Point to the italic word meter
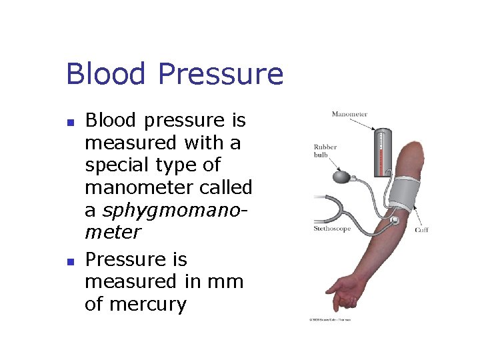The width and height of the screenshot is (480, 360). (113, 233)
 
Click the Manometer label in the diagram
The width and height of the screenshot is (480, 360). (349, 114)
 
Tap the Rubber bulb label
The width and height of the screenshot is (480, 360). (325, 151)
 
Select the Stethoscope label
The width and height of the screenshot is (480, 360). (331, 229)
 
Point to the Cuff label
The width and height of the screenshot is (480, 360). (421, 230)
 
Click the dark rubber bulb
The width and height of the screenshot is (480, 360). (340, 177)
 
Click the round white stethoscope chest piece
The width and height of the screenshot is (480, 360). (395, 219)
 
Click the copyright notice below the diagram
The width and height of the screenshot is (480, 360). (329, 319)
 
